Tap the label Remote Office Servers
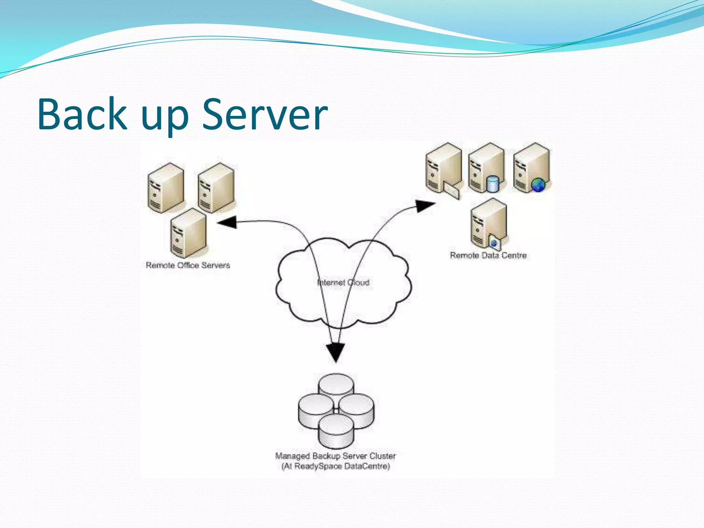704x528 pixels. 188,265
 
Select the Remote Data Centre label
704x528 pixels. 488,255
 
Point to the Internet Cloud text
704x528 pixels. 343,283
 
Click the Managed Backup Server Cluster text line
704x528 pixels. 335,456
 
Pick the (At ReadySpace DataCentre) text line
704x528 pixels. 335,466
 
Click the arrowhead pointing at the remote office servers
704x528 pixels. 228,222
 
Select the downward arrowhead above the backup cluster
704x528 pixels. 335,352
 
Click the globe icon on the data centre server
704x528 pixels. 538,185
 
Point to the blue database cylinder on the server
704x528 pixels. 493,184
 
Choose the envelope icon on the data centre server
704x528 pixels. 451,191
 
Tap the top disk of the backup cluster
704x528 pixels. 336,384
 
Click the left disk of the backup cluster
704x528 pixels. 316,409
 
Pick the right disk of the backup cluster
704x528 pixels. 356,409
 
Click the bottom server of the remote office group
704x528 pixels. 188,233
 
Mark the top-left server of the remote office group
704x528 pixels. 166,187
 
